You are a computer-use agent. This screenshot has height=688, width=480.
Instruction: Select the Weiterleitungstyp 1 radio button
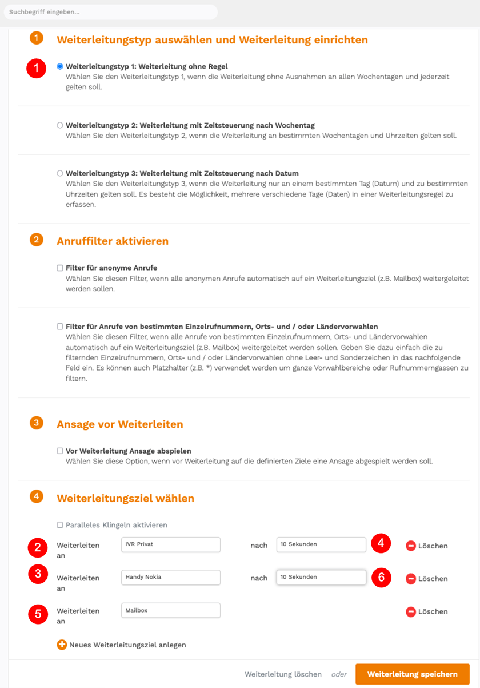click(x=60, y=66)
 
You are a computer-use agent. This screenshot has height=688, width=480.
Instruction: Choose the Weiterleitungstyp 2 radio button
click(x=60, y=125)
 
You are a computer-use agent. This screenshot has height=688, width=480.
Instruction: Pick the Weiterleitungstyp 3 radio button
click(x=60, y=173)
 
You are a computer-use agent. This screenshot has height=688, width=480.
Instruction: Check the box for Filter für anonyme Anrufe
click(x=60, y=268)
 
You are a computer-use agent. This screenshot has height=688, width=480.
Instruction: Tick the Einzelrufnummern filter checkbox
click(x=60, y=327)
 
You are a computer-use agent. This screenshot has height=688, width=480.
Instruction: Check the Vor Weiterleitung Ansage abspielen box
click(x=60, y=451)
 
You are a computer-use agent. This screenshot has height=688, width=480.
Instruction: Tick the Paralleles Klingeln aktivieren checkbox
click(x=60, y=525)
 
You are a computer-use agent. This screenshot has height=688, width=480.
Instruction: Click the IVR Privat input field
click(x=171, y=544)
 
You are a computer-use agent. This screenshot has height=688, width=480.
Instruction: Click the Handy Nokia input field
click(x=171, y=578)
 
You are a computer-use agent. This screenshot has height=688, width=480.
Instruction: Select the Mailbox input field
click(x=171, y=611)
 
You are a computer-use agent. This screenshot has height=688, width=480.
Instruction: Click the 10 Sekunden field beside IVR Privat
click(x=321, y=544)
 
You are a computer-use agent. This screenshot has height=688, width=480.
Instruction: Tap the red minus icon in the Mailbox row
click(x=411, y=612)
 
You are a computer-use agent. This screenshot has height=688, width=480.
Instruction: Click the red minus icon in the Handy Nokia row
click(x=411, y=579)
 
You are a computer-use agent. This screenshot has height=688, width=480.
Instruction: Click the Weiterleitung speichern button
click(x=412, y=674)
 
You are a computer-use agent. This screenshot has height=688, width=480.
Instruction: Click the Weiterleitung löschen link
click(x=283, y=674)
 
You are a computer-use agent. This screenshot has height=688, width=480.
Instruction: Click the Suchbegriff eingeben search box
click(x=110, y=12)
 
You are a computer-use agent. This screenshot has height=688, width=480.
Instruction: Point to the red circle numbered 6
click(x=381, y=578)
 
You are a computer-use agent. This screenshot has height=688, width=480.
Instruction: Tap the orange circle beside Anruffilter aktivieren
click(x=36, y=240)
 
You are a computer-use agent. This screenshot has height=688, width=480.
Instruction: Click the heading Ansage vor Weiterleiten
click(x=120, y=424)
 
